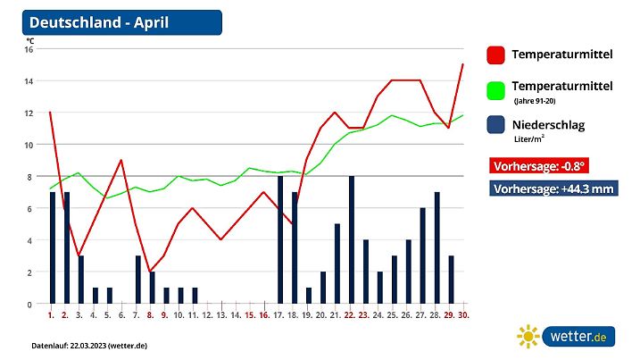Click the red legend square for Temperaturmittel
pyautogui.click(x=496, y=55)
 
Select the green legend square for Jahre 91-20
pyautogui.click(x=496, y=90)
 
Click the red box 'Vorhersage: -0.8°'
pyautogui.click(x=539, y=166)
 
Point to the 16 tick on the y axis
pyautogui.click(x=29, y=49)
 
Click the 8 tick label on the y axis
pyautogui.click(x=29, y=177)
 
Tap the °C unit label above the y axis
pyautogui.click(x=29, y=39)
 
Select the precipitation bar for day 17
pyautogui.click(x=280, y=239)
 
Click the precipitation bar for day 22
pyautogui.click(x=352, y=239)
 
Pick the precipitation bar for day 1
pyautogui.click(x=53, y=247)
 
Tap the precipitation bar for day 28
pyautogui.click(x=437, y=247)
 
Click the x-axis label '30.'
pyautogui.click(x=464, y=314)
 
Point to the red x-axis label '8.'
pyautogui.click(x=151, y=314)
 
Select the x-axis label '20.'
pyautogui.click(x=322, y=314)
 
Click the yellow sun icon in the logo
pyautogui.click(x=529, y=337)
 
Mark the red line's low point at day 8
pyautogui.click(x=151, y=272)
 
